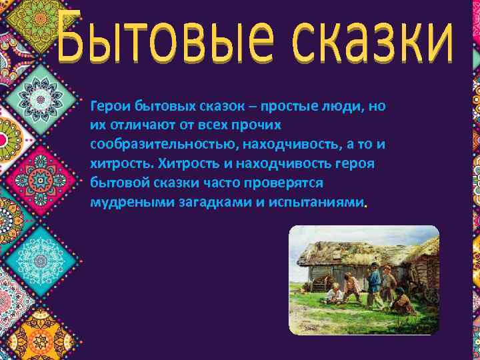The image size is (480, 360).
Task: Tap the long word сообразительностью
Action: pos(163,144)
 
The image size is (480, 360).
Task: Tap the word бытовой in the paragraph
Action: pos(116,183)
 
